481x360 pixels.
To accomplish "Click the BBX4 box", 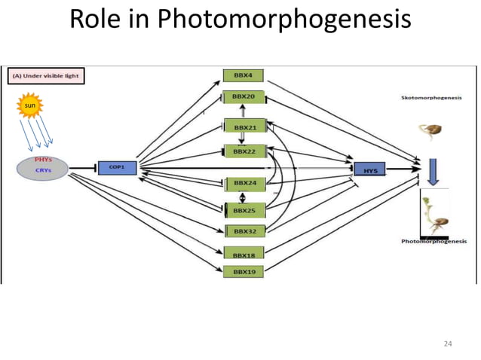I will pos(243,75).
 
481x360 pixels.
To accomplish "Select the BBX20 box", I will pos(243,97).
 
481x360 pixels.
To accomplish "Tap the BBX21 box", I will pos(245,127).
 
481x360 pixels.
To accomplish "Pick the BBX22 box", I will pos(245,151).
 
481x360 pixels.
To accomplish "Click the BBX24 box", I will pos(245,183).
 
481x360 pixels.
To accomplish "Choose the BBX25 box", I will pos(245,210).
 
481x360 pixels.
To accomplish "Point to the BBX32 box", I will pos(245,230).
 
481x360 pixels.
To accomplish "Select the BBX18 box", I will pos(243,255).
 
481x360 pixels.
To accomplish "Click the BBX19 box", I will pos(243,271).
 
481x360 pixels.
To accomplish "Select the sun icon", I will pos(29,107).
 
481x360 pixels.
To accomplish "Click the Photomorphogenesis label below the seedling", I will pos(434,241).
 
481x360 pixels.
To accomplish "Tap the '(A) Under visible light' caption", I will pos(45,76).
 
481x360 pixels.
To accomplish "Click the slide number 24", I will pos(448,344).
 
